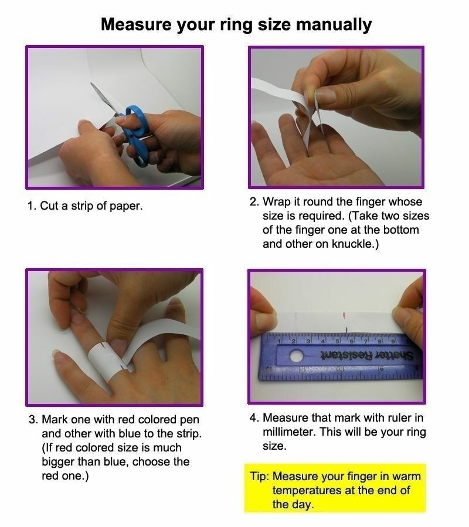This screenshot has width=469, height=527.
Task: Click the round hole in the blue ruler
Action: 296,356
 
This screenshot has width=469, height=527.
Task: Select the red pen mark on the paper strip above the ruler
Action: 344,315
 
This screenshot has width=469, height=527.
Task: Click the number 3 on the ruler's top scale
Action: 308,341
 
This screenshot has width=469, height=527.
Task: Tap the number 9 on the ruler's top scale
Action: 392,341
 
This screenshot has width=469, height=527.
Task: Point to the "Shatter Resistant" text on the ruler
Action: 367,355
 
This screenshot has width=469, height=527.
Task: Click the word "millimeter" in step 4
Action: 290,432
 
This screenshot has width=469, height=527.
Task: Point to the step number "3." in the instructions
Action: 33,419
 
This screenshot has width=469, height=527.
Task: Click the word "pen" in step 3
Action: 190,420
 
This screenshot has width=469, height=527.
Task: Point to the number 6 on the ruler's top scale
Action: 352,341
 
